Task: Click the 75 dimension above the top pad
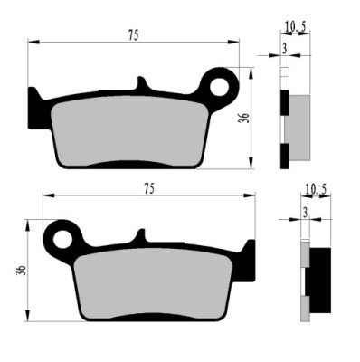pos(134,35)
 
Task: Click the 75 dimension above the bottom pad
pos(149,189)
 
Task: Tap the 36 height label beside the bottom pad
pos(21,271)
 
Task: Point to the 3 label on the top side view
pos(285,49)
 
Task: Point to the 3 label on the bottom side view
pos(305,214)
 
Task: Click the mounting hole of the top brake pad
pos(219,87)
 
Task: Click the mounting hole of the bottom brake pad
pos(63,240)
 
